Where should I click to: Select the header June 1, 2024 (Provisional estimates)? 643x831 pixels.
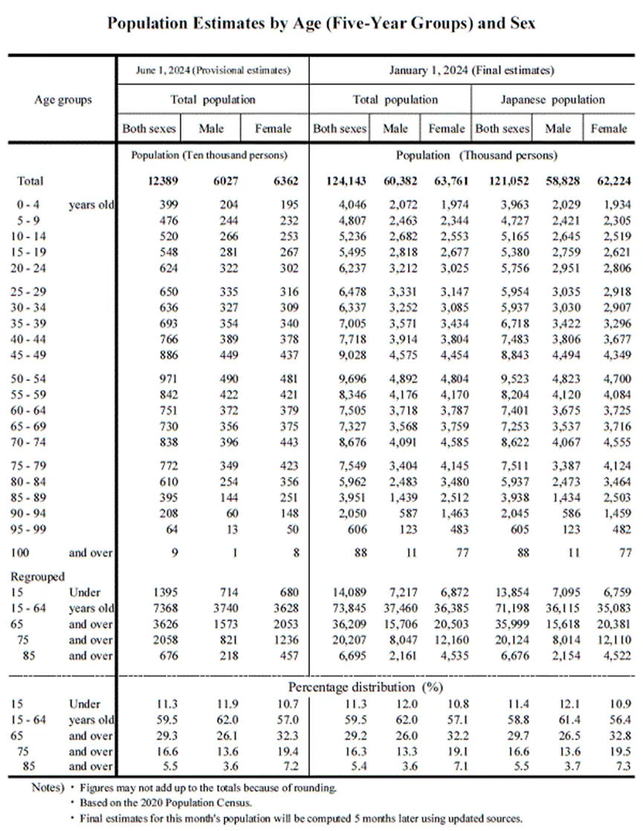[213, 71]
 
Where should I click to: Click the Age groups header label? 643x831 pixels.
[63, 99]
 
